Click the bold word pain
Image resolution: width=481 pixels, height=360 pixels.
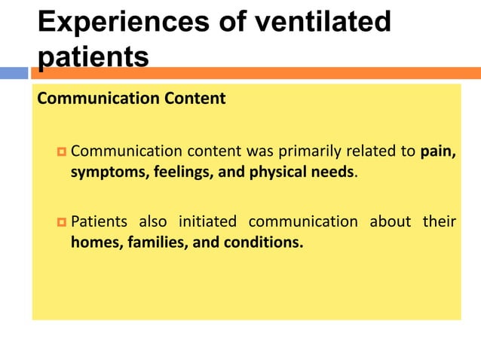pyautogui.click(x=437, y=151)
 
